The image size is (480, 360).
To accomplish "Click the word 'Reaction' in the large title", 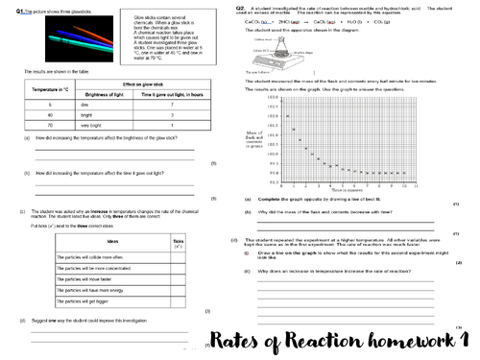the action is pyautogui.click(x=297, y=341).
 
